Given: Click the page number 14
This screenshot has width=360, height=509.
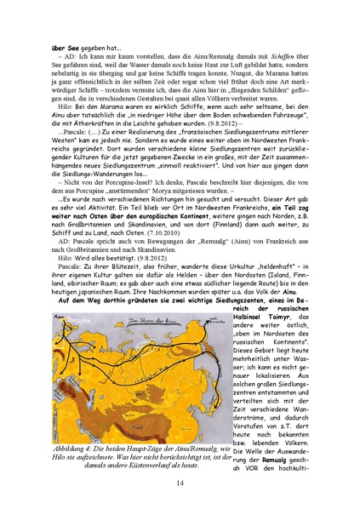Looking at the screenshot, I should click(180, 483).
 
